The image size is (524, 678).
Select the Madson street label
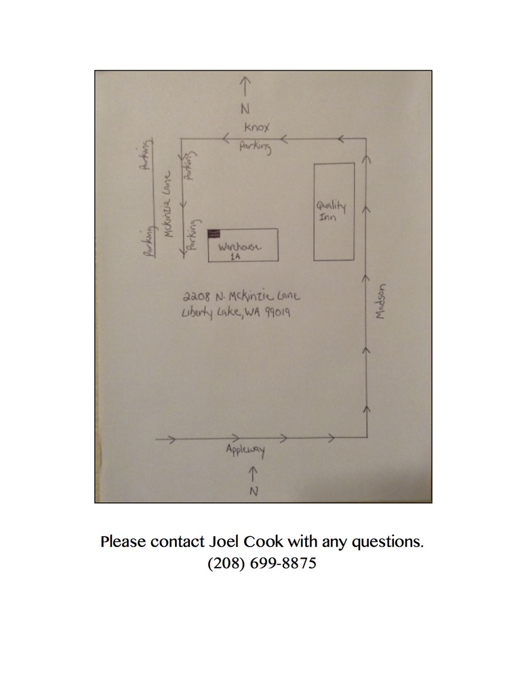click(380, 302)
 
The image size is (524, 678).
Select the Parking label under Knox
click(256, 146)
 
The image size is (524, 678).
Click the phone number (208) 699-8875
click(262, 563)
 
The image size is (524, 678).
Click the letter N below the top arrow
click(245, 108)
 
